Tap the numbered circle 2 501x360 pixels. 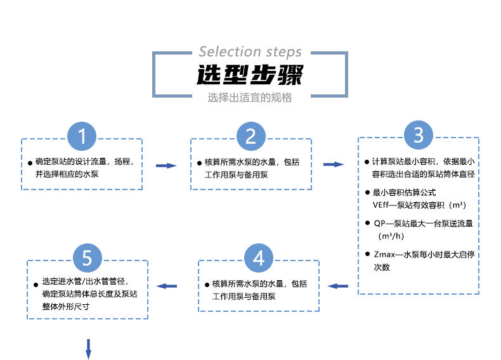251,136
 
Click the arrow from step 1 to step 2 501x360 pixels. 166,165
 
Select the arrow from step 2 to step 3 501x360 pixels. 334,165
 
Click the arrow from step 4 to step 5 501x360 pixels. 167,286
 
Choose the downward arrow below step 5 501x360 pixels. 89,348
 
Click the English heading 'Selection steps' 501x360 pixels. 250,52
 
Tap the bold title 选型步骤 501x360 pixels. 250,75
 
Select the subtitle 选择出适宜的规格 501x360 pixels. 250,98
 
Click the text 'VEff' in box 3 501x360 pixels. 382,205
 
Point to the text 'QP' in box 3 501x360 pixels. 380,223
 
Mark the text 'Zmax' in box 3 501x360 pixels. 383,255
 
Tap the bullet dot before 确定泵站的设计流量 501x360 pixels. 30,163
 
